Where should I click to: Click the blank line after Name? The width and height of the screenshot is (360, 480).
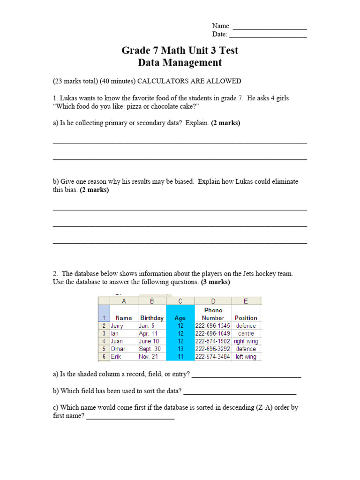270,27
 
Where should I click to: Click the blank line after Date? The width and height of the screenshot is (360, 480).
268,36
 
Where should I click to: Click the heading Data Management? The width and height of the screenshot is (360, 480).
180,62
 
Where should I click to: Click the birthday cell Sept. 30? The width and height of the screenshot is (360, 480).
150,349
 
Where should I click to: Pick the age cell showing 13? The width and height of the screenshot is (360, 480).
180,349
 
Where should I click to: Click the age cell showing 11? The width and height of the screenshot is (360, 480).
180,357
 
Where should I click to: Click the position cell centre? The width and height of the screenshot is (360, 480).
246,334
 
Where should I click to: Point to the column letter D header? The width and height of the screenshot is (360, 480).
213,301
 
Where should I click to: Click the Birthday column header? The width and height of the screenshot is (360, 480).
152,318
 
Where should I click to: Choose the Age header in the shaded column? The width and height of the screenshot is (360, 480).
180,318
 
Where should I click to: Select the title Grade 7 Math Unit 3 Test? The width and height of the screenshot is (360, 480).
180,50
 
